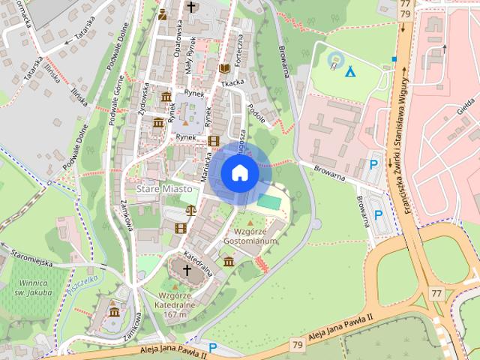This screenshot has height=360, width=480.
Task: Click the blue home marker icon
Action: [x=239, y=173]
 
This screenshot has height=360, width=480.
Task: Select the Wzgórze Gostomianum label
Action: [x=250, y=237]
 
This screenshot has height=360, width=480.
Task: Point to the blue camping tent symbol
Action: [x=349, y=71]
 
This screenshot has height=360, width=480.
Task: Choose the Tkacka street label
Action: [x=233, y=84]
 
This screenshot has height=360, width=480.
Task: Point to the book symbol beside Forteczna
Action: [x=223, y=68]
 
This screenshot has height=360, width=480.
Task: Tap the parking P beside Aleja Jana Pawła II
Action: [x=213, y=347]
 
